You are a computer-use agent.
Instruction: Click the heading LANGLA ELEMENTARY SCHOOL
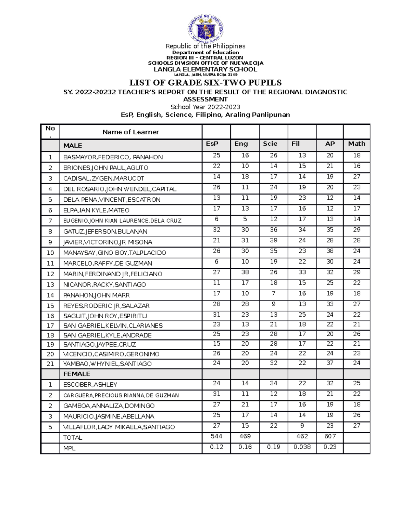[205, 69]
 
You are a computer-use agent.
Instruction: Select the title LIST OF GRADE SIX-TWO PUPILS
[205, 83]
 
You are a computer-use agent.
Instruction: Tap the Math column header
[357, 144]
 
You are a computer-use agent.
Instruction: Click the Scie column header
[270, 144]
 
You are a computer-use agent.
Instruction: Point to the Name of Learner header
[130, 132]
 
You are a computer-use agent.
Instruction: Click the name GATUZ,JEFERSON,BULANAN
[105, 231]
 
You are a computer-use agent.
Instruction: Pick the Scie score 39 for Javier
[273, 240]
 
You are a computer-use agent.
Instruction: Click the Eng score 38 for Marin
[245, 272]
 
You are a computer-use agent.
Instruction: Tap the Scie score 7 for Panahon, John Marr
[273, 293]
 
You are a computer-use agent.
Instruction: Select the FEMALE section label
[77, 374]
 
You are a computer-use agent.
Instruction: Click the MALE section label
[73, 146]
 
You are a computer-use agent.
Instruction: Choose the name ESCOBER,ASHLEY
[90, 385]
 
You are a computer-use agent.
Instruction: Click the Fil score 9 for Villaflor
[302, 426]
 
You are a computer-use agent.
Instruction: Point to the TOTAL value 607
[330, 436]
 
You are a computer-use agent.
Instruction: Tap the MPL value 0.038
[302, 447]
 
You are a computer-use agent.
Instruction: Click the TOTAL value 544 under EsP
[216, 436]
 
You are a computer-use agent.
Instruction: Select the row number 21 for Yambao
[50, 364]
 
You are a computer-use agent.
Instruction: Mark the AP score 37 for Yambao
[330, 363]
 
